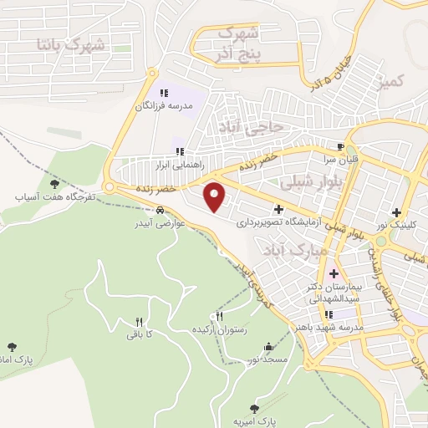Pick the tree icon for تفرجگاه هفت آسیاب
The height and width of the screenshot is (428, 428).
(x=54, y=183)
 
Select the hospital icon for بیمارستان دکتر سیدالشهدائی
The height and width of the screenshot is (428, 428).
(x=334, y=274)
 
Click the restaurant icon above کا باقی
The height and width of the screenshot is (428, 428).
(x=140, y=321)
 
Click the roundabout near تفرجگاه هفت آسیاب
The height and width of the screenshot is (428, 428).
(x=110, y=186)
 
